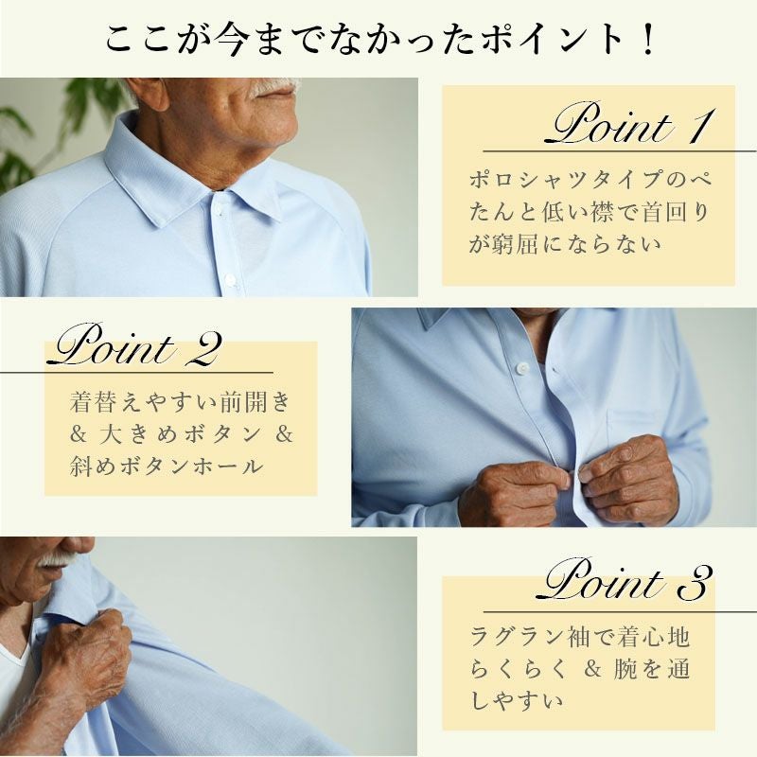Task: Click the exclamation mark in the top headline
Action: coord(648,40)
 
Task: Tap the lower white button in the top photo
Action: coord(230,279)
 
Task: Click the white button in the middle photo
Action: coord(521,369)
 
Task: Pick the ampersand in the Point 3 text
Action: coord(592,669)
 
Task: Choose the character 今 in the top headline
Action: coord(233,40)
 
